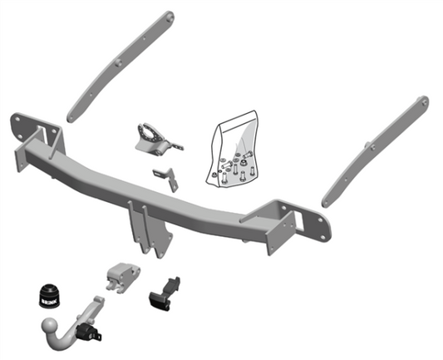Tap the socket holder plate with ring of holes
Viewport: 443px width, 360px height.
pos(155,136)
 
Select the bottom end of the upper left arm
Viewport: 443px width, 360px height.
pos(73,114)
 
